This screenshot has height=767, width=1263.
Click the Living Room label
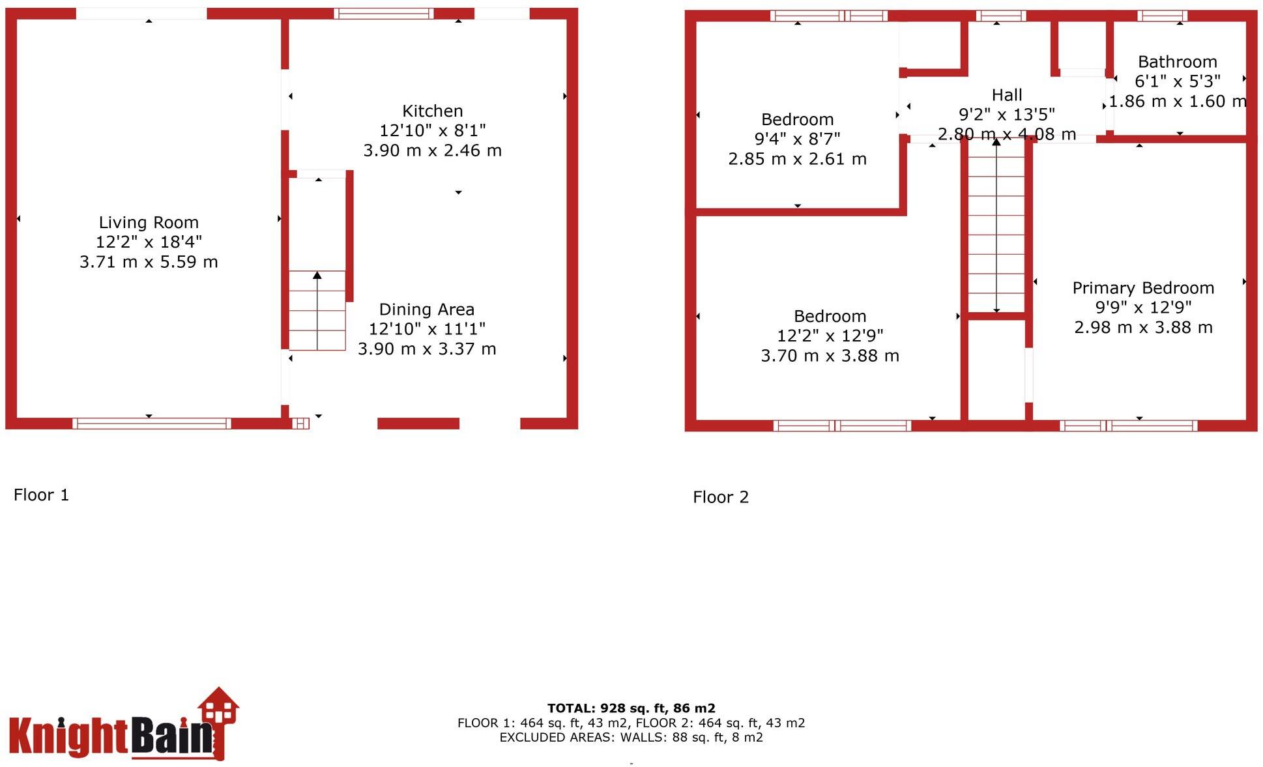click(x=149, y=222)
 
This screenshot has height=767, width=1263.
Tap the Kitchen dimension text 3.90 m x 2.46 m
click(x=432, y=151)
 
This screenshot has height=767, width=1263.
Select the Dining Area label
click(x=427, y=310)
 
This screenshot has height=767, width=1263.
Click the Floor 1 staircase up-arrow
click(x=317, y=276)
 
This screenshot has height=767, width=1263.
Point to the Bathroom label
click(x=1177, y=62)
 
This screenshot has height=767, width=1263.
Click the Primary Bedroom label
click(x=1143, y=288)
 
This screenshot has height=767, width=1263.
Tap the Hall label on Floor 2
click(x=1007, y=95)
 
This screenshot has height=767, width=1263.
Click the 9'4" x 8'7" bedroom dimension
click(x=797, y=139)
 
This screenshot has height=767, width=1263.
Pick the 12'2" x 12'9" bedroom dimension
click(x=830, y=336)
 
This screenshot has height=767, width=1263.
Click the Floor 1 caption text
click(x=41, y=495)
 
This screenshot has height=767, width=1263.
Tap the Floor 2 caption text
click(x=721, y=497)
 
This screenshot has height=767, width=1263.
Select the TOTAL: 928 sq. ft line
click(x=631, y=708)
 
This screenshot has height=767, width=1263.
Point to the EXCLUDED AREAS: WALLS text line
click(x=631, y=737)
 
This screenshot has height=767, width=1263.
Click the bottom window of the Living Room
click(x=151, y=424)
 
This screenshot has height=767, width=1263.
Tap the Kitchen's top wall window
click(x=384, y=13)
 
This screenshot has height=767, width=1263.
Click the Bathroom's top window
click(x=1162, y=16)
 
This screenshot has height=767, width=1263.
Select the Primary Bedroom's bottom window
click(x=1128, y=426)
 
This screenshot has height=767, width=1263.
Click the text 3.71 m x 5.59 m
click(x=149, y=262)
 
